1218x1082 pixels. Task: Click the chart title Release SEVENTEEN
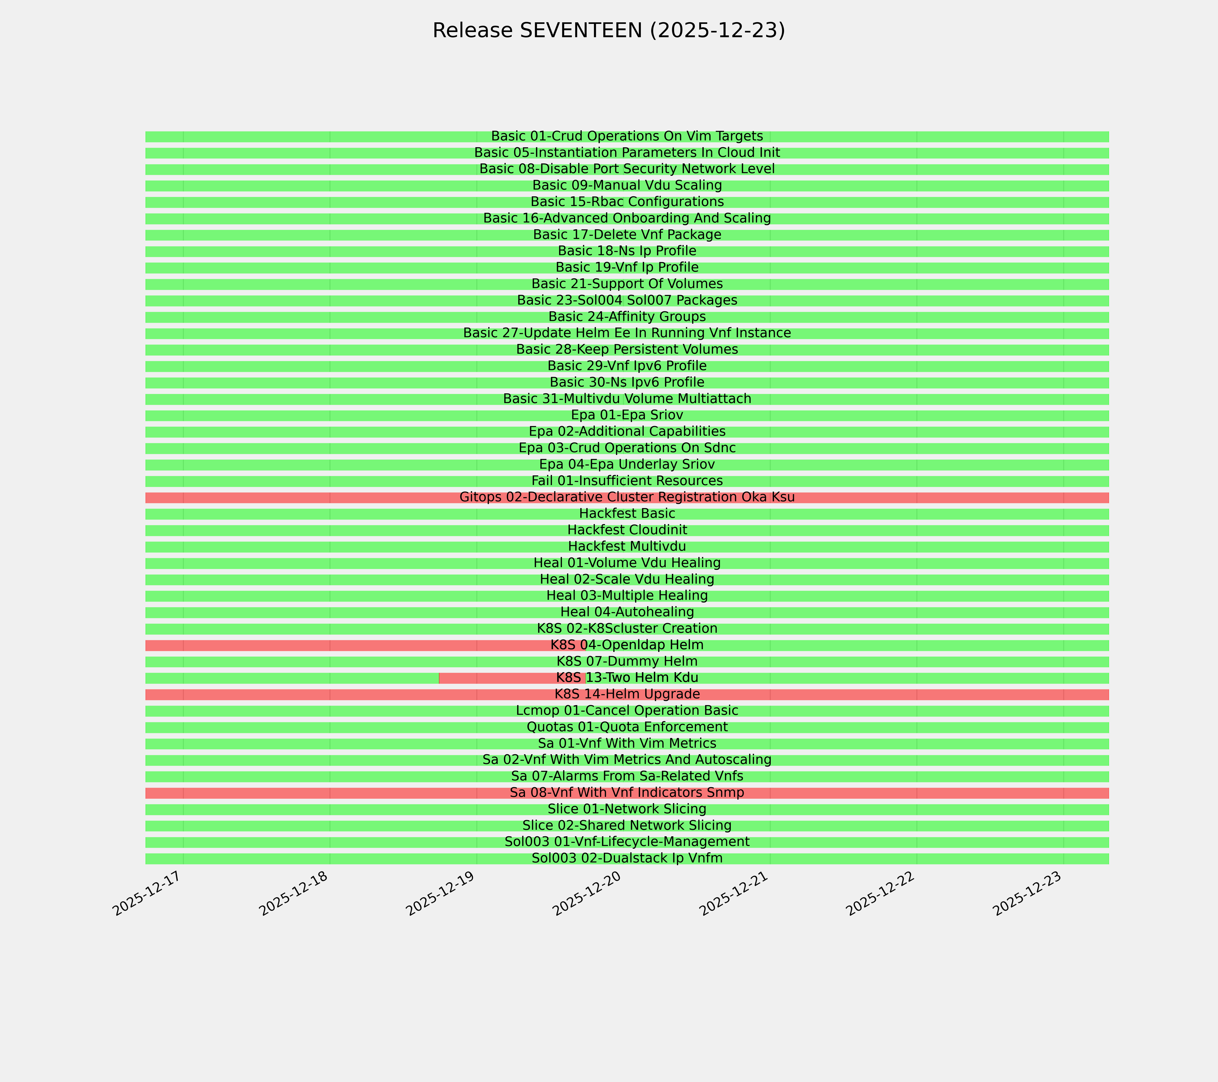(608, 30)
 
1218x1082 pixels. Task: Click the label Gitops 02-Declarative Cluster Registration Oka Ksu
(627, 497)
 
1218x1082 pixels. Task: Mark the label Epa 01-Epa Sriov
(627, 415)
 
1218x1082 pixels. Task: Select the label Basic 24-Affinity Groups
(627, 317)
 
